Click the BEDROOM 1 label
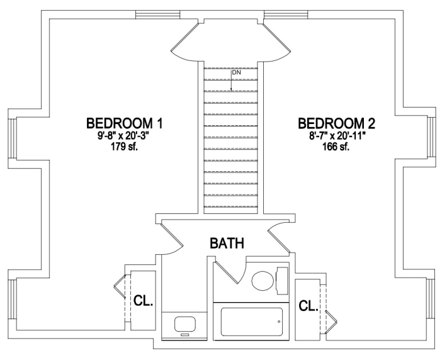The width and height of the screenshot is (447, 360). click(x=124, y=124)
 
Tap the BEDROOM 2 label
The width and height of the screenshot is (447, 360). click(x=337, y=124)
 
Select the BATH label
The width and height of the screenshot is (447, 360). click(x=227, y=244)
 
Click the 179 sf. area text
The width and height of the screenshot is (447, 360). click(x=124, y=147)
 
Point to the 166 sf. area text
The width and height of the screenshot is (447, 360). click(x=336, y=147)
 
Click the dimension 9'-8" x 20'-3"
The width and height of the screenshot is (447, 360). click(x=124, y=136)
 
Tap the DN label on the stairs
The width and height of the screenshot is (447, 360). click(x=237, y=72)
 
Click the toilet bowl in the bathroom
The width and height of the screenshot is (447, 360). click(x=263, y=281)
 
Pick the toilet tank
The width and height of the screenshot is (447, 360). click(x=282, y=281)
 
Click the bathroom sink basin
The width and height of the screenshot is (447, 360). click(x=185, y=324)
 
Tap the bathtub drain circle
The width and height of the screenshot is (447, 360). click(x=279, y=322)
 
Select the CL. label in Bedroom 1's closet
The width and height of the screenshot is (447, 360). click(x=143, y=301)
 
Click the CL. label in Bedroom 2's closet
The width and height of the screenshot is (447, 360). click(x=308, y=306)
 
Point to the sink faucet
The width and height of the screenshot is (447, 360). click(x=184, y=335)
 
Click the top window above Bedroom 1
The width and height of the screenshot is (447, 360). click(x=157, y=14)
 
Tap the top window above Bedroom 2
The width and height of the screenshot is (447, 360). click(x=286, y=14)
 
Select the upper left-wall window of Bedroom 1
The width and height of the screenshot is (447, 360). click(x=12, y=138)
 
